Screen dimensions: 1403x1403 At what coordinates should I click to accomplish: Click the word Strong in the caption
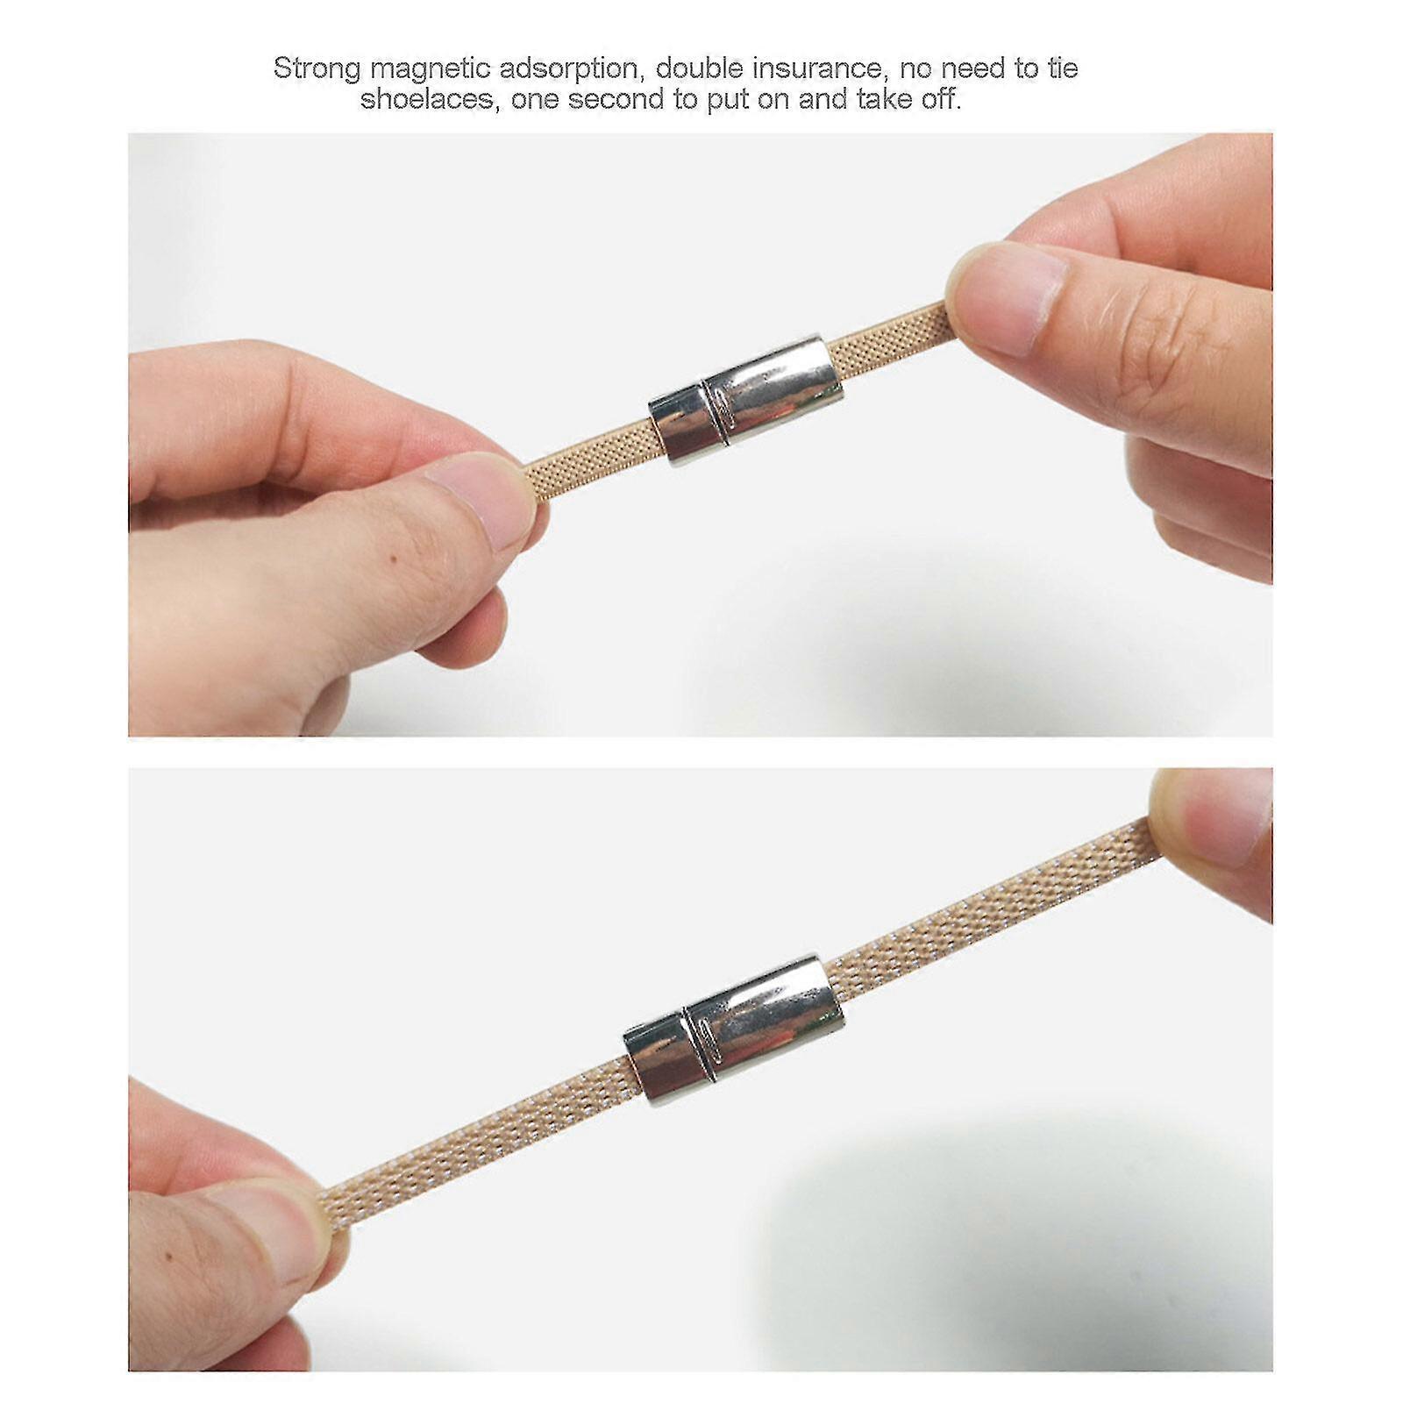click(317, 68)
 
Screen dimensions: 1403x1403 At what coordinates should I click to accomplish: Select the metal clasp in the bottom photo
click(733, 1029)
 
